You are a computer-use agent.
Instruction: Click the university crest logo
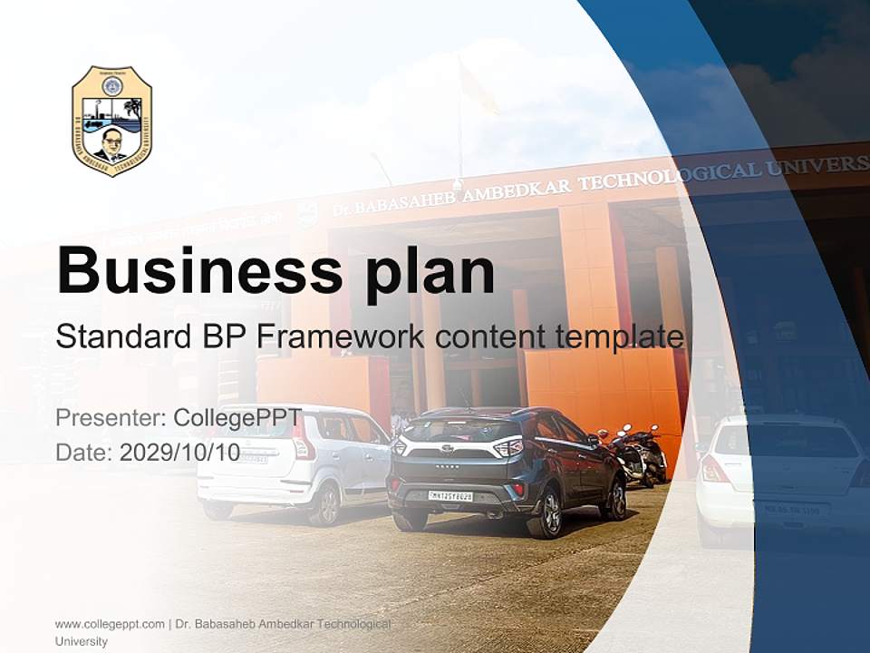tap(111, 121)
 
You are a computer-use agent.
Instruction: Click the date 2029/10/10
tap(179, 452)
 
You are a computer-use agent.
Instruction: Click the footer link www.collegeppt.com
tap(110, 624)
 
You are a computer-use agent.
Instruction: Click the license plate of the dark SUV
tap(450, 496)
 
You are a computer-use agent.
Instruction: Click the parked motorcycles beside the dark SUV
tap(640, 453)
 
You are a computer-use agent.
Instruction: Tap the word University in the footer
tap(82, 641)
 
